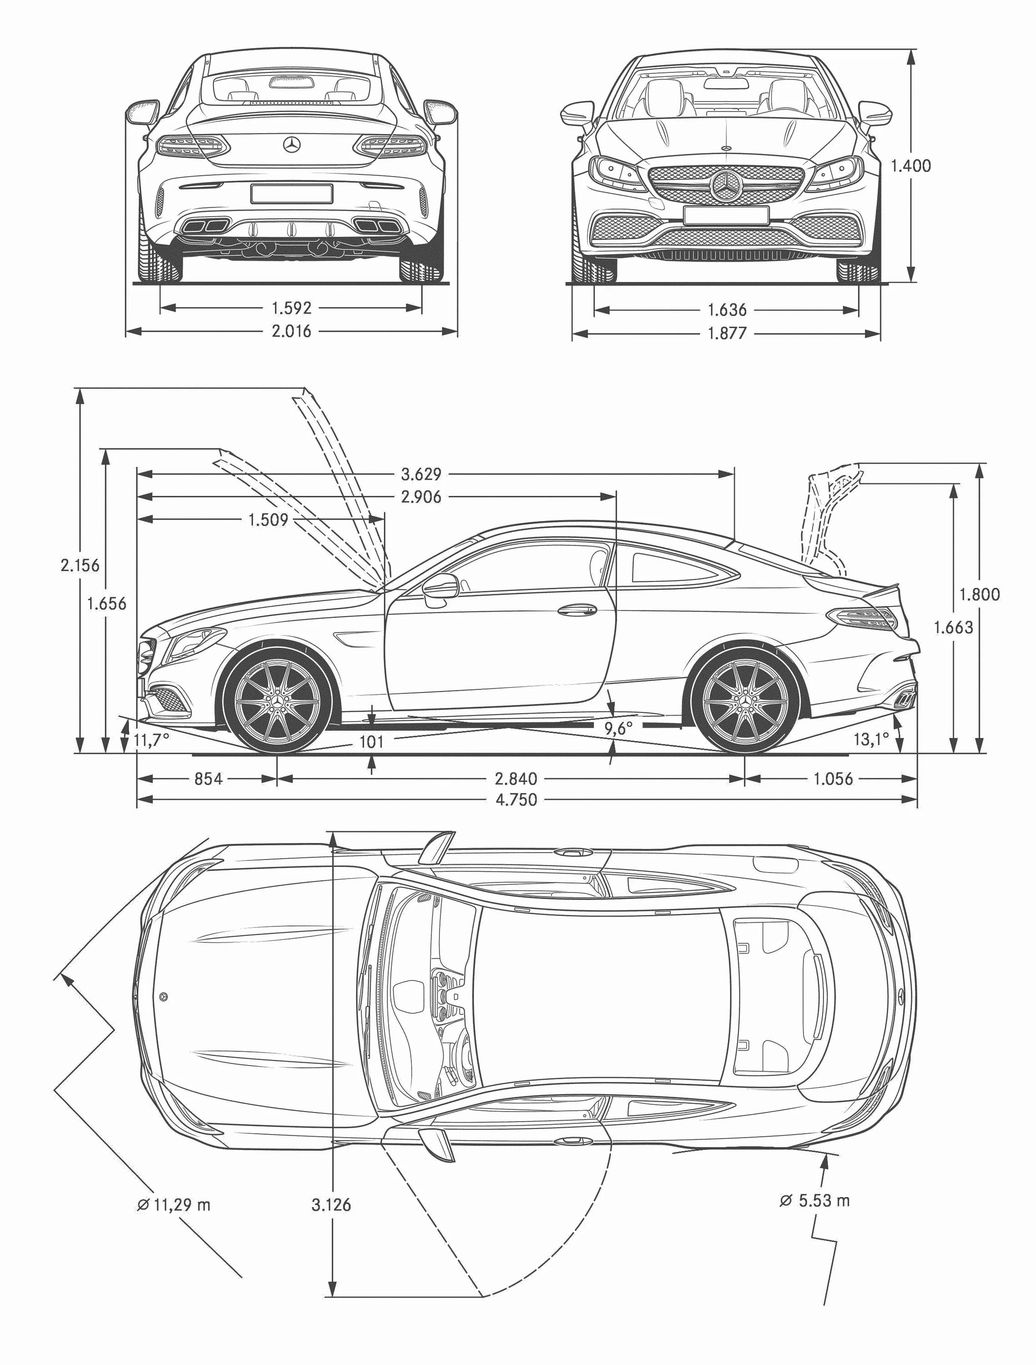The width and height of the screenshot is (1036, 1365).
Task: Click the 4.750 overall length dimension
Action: [516, 800]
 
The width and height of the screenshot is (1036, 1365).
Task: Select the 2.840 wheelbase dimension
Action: [516, 779]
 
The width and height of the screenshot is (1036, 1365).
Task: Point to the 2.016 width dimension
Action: [291, 331]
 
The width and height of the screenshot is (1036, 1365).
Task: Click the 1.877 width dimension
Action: [727, 333]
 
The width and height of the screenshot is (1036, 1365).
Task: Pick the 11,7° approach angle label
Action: [151, 740]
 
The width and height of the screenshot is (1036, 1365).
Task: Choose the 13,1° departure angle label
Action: [871, 738]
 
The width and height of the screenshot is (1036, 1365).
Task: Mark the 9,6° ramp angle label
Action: [618, 729]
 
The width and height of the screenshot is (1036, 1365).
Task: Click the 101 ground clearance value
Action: [371, 742]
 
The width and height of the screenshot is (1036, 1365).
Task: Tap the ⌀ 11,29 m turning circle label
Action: [174, 1204]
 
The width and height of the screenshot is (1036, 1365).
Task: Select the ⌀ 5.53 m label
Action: [814, 1200]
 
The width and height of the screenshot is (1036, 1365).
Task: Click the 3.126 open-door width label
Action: [331, 1204]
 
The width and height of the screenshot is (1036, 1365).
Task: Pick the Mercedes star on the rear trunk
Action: [291, 145]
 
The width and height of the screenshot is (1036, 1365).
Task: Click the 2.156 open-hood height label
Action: [80, 565]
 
